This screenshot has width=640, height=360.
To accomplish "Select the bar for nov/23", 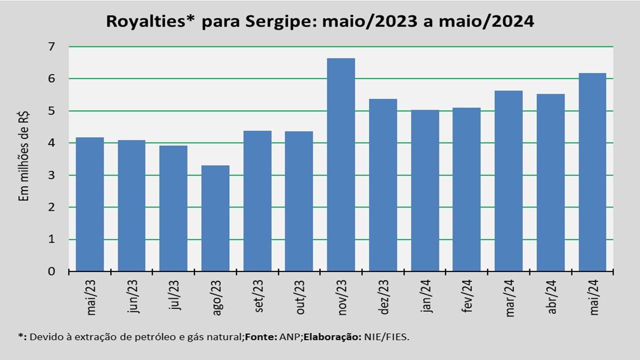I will click(x=341, y=165).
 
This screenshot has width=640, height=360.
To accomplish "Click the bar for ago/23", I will click(x=215, y=218).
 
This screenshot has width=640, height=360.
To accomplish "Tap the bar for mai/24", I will click(x=592, y=172).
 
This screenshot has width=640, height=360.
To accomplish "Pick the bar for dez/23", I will click(x=383, y=185).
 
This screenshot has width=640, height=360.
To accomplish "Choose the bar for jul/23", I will click(x=173, y=208).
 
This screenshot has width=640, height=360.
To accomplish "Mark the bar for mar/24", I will click(x=508, y=181).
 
